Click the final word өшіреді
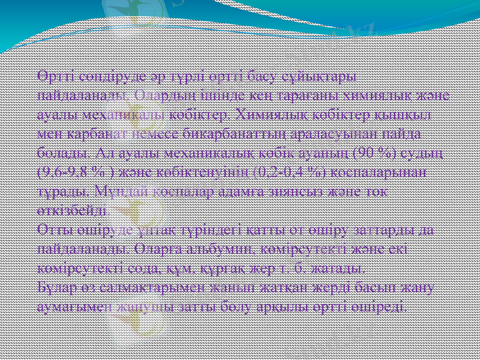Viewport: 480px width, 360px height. tap(384, 307)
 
